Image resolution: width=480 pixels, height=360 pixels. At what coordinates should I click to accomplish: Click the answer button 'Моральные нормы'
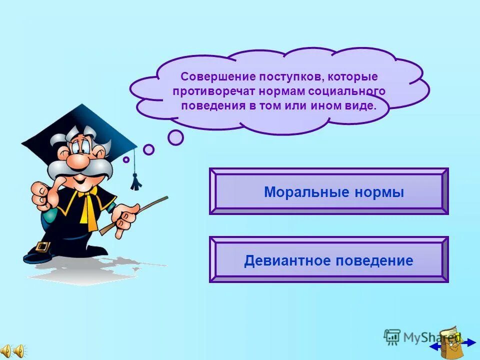tap(328, 192)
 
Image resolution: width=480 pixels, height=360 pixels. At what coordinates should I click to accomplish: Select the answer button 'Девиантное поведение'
tap(328, 260)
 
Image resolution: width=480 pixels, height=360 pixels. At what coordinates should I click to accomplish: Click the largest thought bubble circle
tap(175, 137)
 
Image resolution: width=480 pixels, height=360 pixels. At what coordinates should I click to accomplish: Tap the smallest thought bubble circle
tap(126, 159)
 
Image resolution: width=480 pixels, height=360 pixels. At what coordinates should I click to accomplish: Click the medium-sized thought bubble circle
tap(148, 149)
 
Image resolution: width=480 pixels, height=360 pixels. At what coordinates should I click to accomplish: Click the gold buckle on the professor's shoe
tap(43, 247)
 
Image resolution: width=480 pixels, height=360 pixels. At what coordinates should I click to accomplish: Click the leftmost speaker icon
tap(6, 351)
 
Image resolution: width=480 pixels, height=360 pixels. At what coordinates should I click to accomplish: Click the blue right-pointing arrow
tap(470, 342)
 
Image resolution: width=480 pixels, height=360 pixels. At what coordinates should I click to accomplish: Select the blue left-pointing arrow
tap(435, 345)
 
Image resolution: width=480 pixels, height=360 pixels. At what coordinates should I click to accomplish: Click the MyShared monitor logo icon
tap(391, 337)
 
